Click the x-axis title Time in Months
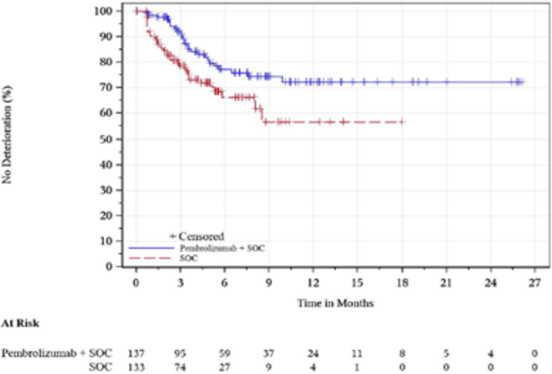pos(336,303)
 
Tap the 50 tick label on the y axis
pos(106,138)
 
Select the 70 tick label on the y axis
pos(106,87)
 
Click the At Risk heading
pos(19,325)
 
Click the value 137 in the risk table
pos(136,354)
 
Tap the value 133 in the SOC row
pos(136,367)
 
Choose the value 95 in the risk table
pos(180,354)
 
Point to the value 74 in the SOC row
pos(180,367)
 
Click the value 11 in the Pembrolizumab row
pos(357,354)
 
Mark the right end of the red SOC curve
pos(405,122)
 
